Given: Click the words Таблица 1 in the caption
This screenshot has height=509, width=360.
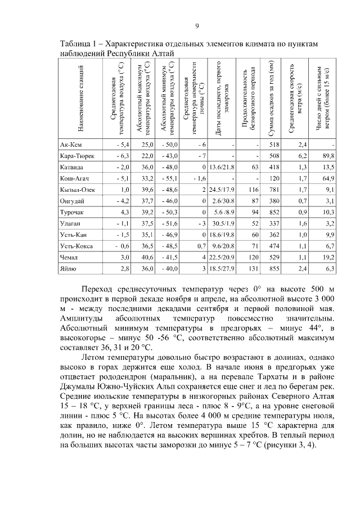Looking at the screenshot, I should point(79,43).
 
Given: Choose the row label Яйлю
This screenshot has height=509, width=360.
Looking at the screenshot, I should point(68,269).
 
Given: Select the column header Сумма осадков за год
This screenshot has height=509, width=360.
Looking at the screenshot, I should point(272,99).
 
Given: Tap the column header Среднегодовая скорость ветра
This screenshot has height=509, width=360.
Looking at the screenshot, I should point(296,99).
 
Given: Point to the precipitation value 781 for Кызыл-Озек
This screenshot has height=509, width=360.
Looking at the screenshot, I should point(274,190).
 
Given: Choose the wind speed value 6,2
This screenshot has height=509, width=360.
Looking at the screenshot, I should point(301,156).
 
